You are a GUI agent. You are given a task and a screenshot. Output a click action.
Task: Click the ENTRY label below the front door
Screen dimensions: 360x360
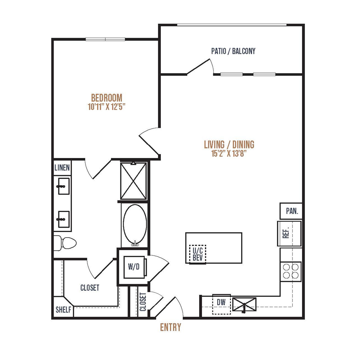click(170, 327)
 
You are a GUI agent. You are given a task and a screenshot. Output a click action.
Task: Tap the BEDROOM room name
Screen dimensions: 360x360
click(107, 98)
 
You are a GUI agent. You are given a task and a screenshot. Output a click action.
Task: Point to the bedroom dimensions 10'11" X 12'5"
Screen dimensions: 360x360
click(106, 107)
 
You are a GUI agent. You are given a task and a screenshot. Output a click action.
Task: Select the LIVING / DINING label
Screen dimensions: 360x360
click(229, 144)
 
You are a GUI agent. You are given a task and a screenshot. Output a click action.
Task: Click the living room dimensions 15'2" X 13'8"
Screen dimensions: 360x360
click(229, 153)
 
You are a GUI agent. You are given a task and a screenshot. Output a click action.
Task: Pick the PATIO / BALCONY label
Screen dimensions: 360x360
click(233, 51)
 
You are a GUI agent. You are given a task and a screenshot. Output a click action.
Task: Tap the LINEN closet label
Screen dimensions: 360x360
click(62, 168)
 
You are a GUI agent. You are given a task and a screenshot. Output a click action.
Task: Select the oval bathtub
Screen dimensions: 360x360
click(135, 225)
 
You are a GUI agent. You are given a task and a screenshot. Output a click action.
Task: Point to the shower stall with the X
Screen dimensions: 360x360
click(133, 181)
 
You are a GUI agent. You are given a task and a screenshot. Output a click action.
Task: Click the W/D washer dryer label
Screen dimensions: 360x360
click(134, 267)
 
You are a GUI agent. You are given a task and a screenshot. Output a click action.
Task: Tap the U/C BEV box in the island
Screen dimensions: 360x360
click(198, 254)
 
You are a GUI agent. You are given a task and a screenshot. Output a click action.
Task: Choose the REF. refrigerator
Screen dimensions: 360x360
click(289, 234)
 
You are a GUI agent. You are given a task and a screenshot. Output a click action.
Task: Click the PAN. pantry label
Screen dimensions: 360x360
click(292, 211)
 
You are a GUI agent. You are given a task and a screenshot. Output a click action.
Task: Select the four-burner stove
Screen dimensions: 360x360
click(291, 271)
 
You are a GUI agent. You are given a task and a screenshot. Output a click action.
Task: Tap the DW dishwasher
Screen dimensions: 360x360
click(221, 304)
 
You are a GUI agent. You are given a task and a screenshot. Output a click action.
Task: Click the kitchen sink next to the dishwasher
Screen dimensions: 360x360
click(244, 304)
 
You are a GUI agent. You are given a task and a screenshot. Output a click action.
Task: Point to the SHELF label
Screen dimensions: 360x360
click(63, 310)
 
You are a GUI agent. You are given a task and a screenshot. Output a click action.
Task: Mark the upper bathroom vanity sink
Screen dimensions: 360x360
click(63, 186)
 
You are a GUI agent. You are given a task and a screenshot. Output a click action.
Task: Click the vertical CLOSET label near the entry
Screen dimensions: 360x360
click(143, 302)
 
